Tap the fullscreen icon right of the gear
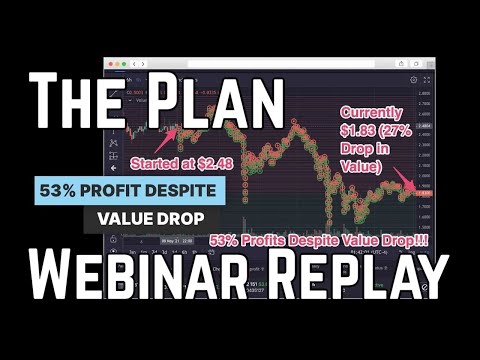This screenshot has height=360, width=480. click(x=425, y=79)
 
